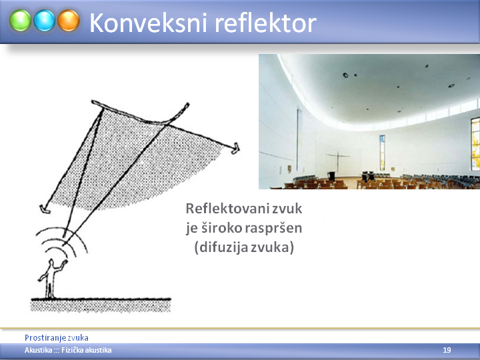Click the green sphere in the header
20,21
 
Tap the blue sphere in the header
45,21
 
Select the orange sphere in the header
69,21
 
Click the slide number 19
447,350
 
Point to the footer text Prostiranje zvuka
56,338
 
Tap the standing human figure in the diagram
51,279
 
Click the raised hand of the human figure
64,262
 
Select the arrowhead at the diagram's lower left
45,209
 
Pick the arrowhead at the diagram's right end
235,148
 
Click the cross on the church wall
337,161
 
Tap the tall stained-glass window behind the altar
383,153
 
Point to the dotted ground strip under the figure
101,305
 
